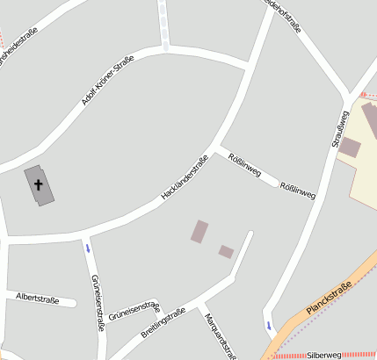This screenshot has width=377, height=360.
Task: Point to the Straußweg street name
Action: (337, 127)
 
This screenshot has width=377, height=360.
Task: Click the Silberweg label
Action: (324, 355)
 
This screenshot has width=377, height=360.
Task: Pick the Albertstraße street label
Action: (38, 299)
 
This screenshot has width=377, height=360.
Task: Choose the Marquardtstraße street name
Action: (220, 335)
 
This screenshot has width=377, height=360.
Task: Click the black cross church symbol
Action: (39, 184)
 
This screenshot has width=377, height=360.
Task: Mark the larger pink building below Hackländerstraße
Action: (200, 231)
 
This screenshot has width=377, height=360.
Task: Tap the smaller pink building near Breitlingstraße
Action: (226, 251)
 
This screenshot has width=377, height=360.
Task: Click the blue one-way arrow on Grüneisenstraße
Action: (87, 248)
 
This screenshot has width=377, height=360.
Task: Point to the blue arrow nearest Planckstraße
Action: (268, 327)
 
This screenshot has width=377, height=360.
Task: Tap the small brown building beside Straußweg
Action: (349, 147)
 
